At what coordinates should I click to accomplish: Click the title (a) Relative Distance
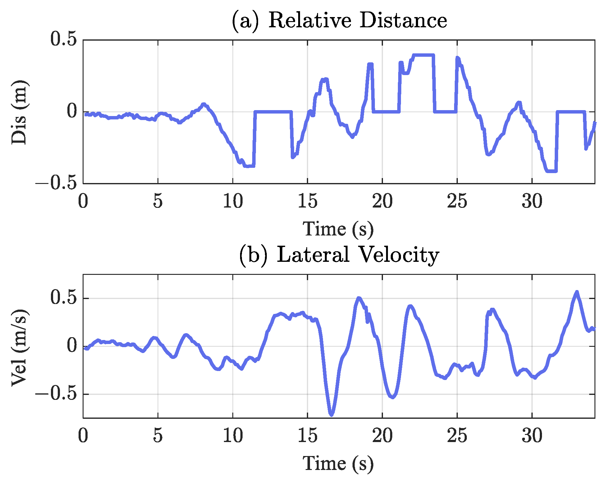click(x=339, y=20)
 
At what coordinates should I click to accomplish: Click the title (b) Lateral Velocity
click(x=339, y=255)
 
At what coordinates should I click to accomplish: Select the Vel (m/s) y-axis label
click(x=19, y=347)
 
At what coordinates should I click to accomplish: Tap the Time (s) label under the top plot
click(x=338, y=229)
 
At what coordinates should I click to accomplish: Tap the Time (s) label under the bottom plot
click(x=338, y=464)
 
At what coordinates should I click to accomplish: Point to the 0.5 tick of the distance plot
click(x=64, y=40)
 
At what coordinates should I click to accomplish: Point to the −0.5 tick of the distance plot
click(x=56, y=183)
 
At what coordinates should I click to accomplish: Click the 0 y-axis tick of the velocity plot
click(x=72, y=346)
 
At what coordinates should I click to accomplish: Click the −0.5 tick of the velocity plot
click(x=56, y=394)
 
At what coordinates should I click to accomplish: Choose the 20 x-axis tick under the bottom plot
click(x=382, y=436)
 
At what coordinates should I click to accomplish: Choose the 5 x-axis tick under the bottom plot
click(x=158, y=436)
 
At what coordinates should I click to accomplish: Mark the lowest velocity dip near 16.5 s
click(x=331, y=415)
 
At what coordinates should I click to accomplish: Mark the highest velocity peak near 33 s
click(x=577, y=292)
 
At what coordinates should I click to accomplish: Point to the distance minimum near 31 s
click(x=551, y=171)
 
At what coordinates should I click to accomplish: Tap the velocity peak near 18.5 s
click(x=359, y=298)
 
